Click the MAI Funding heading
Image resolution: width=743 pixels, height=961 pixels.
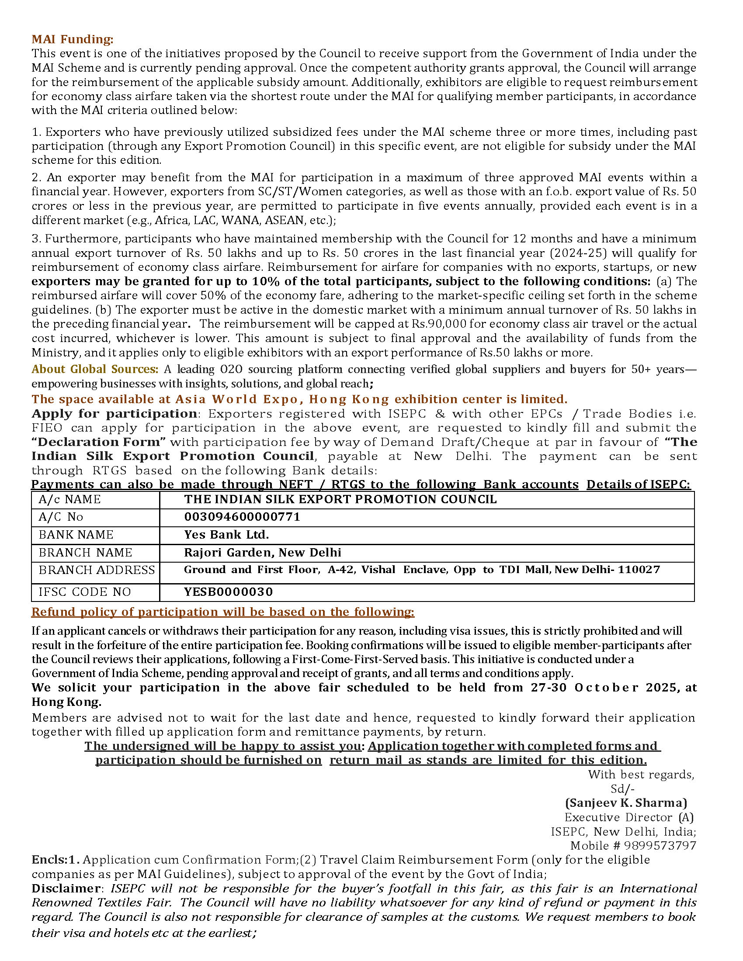(x=72, y=39)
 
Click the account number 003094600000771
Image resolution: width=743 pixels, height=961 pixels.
(x=242, y=517)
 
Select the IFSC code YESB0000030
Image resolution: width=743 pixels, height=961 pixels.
(x=229, y=592)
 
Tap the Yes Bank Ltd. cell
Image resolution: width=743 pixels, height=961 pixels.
(x=226, y=535)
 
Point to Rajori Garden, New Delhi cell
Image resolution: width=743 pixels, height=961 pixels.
(x=262, y=553)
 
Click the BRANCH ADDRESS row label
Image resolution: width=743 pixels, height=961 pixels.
(x=97, y=570)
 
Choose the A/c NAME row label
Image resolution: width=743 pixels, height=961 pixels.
(x=69, y=499)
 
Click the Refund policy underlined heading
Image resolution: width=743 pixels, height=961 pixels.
(x=223, y=612)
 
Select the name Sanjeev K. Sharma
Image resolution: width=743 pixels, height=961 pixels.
(x=626, y=803)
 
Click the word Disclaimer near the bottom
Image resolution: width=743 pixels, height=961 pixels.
(x=66, y=888)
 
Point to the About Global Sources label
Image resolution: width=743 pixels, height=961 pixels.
(x=95, y=369)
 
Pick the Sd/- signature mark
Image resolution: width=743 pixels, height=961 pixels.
(x=622, y=788)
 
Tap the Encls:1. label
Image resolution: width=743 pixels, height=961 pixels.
(x=56, y=860)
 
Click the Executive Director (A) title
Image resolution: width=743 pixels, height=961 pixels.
(x=629, y=818)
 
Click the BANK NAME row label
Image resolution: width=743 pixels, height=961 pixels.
(x=76, y=535)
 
